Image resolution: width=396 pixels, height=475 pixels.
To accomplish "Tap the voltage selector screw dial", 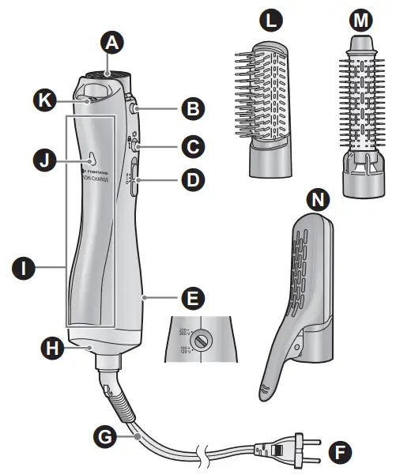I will pos(202,341).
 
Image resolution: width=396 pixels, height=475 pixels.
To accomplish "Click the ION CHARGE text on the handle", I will pos(97,179).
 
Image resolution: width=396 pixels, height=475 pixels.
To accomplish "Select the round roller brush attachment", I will pos(361,119).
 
